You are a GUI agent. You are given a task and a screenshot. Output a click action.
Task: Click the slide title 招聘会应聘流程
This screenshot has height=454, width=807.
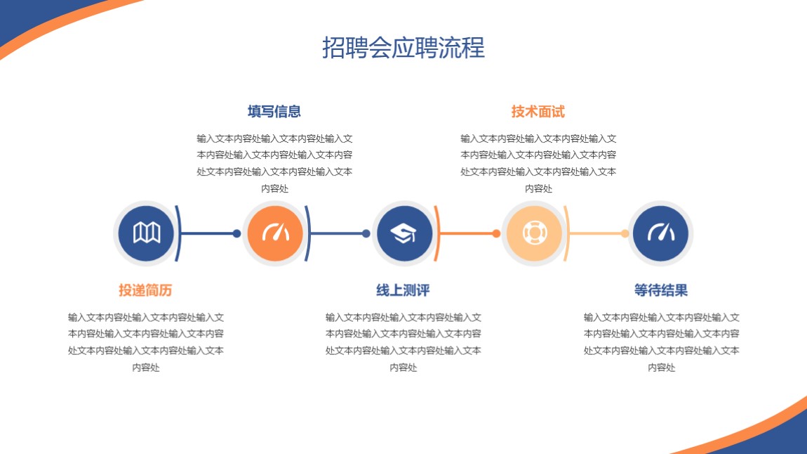pos(403,47)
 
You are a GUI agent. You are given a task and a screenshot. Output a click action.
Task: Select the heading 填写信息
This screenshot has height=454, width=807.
pos(274,111)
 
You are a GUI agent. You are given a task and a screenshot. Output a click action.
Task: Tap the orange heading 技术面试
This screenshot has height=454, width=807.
pos(538,111)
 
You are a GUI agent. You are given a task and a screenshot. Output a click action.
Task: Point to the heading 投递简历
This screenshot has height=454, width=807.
pos(146,290)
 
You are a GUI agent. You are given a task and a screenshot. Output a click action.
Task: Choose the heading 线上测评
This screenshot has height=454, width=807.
pos(403,290)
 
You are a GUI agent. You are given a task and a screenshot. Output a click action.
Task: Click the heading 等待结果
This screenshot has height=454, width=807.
pos(661,290)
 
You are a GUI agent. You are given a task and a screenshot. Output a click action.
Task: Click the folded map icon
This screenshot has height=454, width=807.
pos(147,233)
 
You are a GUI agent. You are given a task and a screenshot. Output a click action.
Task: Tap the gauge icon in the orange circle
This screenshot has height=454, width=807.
pos(275,233)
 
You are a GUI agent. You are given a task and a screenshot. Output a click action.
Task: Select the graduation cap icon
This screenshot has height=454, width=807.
pos(403,233)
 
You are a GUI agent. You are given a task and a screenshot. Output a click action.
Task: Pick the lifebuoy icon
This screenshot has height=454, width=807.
pos(534,233)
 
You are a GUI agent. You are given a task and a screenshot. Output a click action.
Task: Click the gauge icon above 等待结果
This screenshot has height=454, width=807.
pos(661,233)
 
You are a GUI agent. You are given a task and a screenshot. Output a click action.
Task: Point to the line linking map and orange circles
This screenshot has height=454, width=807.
pos(208,233)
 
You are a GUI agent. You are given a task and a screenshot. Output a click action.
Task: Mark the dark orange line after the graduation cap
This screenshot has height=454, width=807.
pos(467,233)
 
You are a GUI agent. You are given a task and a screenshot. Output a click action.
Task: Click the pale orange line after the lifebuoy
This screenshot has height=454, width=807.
pos(596,233)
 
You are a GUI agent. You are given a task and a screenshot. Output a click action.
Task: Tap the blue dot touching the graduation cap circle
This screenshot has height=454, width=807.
pos(366,233)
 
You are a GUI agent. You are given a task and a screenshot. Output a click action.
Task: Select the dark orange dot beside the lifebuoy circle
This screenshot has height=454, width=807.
pos(496,233)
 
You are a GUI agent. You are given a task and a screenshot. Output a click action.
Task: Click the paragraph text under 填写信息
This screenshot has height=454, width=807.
pos(274,163)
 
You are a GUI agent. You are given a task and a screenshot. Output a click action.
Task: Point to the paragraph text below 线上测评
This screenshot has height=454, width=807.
pos(403,342)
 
